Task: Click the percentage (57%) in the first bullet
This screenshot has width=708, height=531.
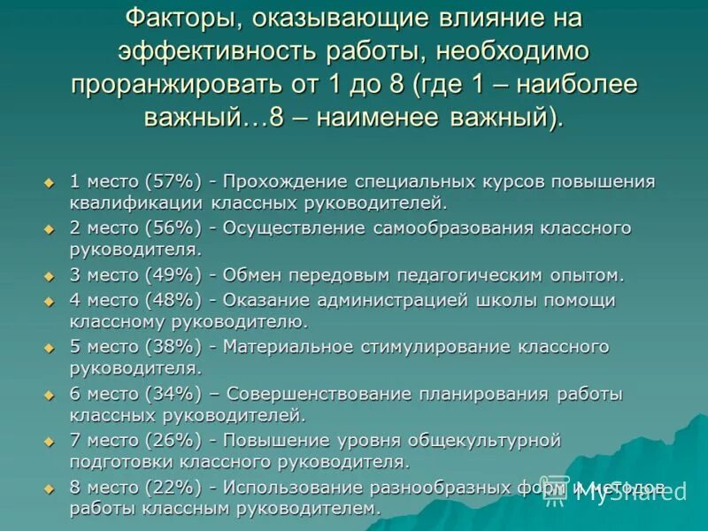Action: click(x=173, y=181)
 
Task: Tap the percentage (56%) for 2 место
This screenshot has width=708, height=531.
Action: click(x=173, y=228)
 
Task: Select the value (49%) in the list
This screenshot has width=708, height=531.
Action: click(x=173, y=275)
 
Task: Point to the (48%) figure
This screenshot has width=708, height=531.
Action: click(x=173, y=300)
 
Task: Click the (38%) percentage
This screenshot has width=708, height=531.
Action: click(x=173, y=347)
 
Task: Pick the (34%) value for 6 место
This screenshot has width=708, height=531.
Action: click(x=173, y=394)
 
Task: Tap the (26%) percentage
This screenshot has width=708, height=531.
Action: click(x=173, y=441)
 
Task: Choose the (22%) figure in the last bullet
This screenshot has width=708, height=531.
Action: click(x=173, y=488)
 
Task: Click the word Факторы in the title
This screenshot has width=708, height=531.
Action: click(x=184, y=17)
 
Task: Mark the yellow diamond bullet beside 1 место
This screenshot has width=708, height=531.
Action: click(x=50, y=182)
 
